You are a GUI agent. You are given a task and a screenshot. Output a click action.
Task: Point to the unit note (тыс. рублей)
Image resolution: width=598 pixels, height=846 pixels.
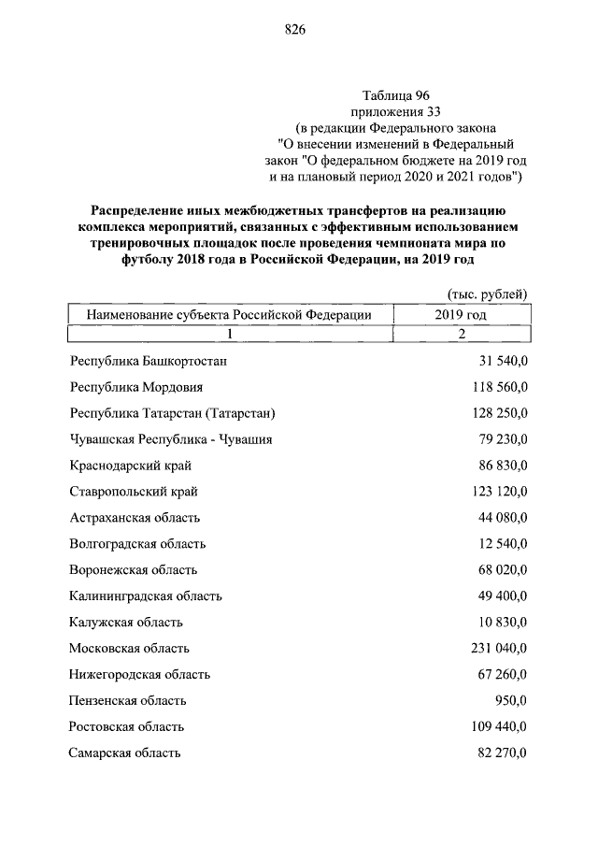pyautogui.click(x=488, y=294)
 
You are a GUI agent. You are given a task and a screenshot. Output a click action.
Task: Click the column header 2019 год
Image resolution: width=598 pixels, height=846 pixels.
pyautogui.click(x=461, y=315)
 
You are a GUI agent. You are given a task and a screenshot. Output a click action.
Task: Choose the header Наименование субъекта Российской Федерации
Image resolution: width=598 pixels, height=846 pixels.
pyautogui.click(x=229, y=315)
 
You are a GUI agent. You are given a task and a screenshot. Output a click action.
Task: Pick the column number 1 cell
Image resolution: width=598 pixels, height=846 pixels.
pyautogui.click(x=229, y=334)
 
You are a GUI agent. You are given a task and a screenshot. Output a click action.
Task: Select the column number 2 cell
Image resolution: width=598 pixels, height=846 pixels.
pyautogui.click(x=461, y=334)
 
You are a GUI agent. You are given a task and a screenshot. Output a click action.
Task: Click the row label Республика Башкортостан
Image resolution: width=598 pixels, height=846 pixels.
pyautogui.click(x=149, y=360)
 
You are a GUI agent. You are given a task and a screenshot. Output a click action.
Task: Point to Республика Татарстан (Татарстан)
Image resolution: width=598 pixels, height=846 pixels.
pyautogui.click(x=173, y=412)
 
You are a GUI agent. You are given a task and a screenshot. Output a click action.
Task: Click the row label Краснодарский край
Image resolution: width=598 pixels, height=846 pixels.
pyautogui.click(x=130, y=465)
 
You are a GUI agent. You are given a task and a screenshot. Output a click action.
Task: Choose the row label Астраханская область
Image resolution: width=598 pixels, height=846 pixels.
pyautogui.click(x=135, y=517)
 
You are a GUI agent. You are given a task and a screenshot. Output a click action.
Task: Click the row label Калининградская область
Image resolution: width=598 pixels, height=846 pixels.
pyautogui.click(x=146, y=595)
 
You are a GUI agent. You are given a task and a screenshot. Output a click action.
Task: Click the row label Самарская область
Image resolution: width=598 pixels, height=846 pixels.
pyautogui.click(x=125, y=753)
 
